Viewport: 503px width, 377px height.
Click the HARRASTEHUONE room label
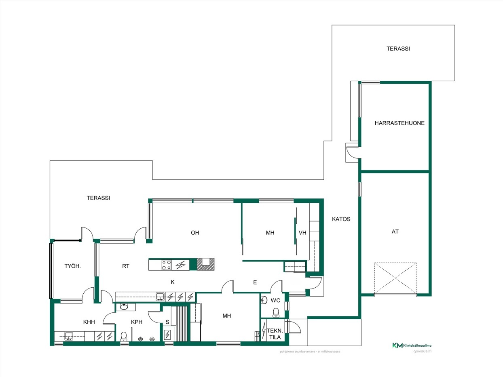pos(399,123)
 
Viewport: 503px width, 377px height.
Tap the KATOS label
pos(341,219)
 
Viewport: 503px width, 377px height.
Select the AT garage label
pos(395,232)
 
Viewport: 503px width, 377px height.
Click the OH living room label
pos(195,233)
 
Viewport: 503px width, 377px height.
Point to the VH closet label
pos(302,233)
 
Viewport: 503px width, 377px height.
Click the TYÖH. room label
pos(73,266)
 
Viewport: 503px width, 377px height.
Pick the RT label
pos(126,266)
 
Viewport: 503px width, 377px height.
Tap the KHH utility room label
pos(89,322)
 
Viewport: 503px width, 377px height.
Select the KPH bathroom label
pos(137,322)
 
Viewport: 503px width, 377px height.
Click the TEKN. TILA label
pos(275,334)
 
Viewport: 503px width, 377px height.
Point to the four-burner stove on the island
pos(166,265)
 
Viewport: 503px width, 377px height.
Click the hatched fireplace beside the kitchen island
pos(205,264)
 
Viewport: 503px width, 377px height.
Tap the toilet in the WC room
pos(276,313)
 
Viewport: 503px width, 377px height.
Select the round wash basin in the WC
pos(264,300)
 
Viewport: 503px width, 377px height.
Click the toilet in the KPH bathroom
pos(124,337)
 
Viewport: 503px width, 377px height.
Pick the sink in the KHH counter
pos(69,336)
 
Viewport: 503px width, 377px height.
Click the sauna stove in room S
pos(167,335)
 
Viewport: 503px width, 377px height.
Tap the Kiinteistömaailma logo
pos(412,345)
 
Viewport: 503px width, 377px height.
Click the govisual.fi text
pos(423,352)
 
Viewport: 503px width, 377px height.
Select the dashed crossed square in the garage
pos(395,278)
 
